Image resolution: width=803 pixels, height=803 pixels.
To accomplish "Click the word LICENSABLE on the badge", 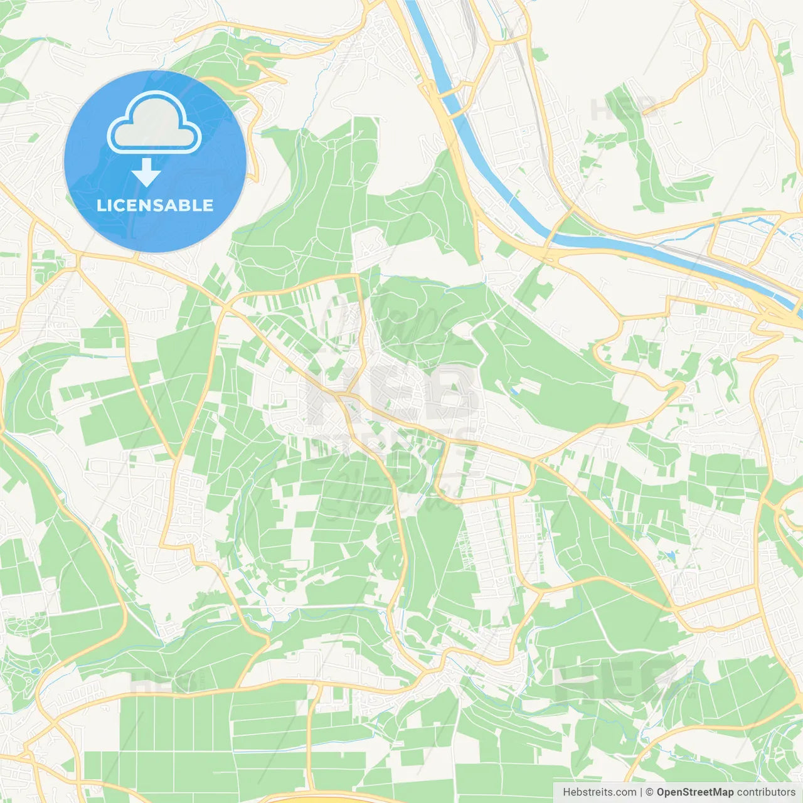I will pyautogui.click(x=155, y=205).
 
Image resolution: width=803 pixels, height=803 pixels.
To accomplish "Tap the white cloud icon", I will pyautogui.click(x=154, y=123).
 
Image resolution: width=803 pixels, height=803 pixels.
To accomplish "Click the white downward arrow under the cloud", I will pyautogui.click(x=146, y=173).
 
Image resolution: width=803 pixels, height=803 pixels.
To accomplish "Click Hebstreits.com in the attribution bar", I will pyautogui.click(x=599, y=792).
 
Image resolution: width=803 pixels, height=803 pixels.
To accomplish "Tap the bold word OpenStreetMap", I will pyautogui.click(x=695, y=792).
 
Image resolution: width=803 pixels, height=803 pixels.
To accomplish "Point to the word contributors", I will pyautogui.click(x=766, y=792).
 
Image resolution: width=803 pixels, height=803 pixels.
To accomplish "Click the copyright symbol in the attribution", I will pyautogui.click(x=650, y=792).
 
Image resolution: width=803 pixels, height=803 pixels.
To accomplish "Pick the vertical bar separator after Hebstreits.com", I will pyautogui.click(x=641, y=792).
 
